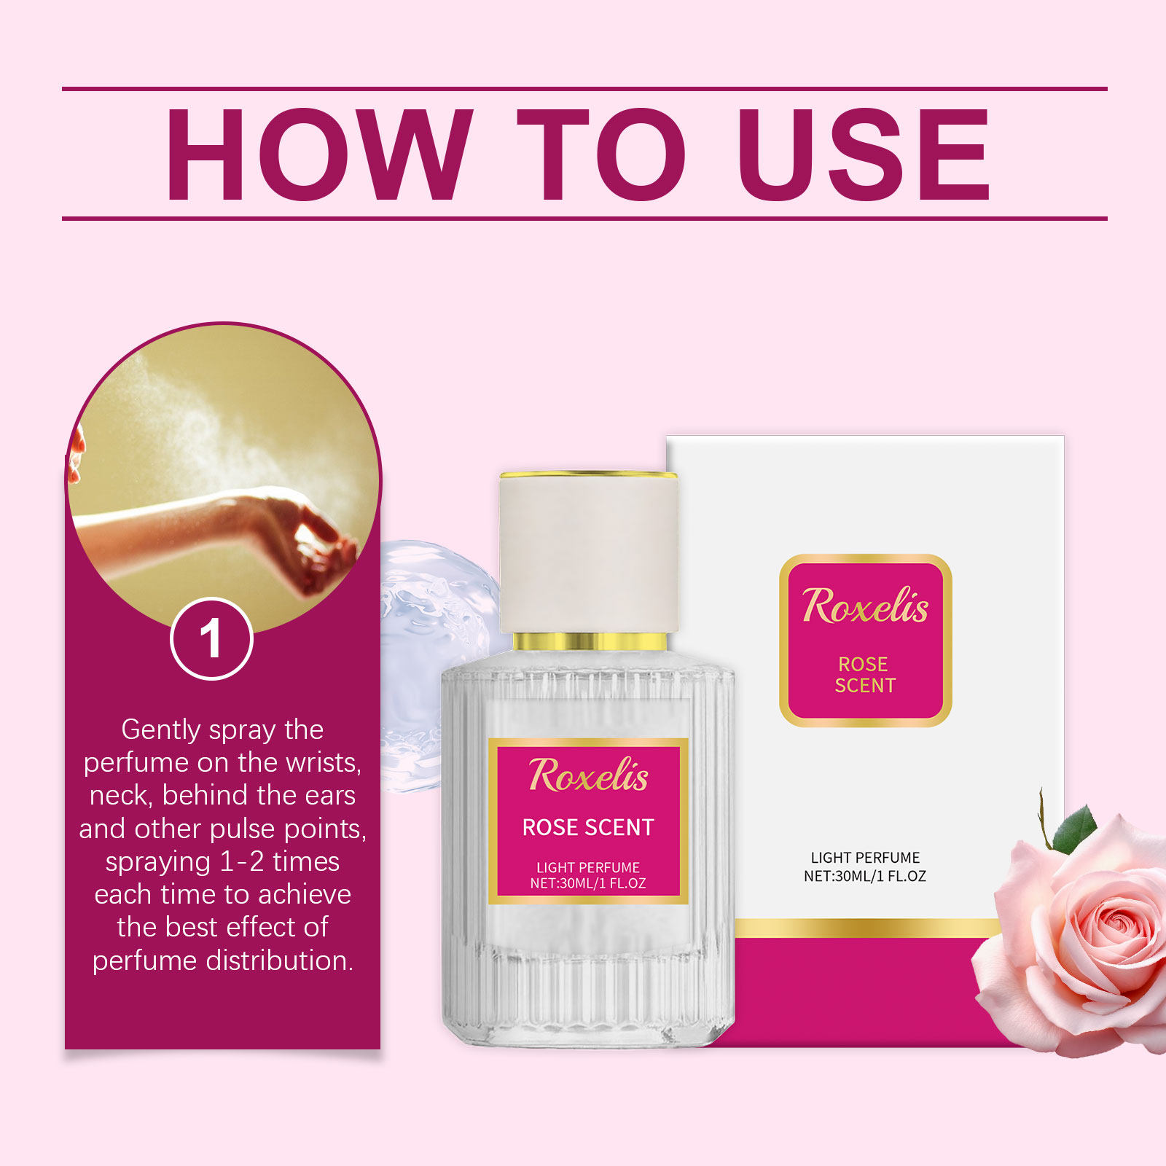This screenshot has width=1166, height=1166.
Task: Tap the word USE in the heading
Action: [864, 154]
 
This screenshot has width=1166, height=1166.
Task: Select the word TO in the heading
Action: [601, 154]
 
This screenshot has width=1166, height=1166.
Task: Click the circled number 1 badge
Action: [211, 639]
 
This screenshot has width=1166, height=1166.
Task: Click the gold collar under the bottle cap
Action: [589, 641]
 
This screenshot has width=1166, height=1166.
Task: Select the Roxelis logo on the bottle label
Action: [588, 775]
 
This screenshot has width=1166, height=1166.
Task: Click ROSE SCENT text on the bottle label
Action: [588, 827]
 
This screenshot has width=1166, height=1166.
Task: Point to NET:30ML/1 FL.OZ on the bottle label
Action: [588, 883]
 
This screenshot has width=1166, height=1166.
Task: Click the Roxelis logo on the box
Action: [865, 606]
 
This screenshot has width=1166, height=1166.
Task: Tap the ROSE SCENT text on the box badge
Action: [864, 675]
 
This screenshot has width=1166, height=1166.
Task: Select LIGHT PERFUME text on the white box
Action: [865, 858]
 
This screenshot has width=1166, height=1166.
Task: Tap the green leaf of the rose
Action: [1076, 829]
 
